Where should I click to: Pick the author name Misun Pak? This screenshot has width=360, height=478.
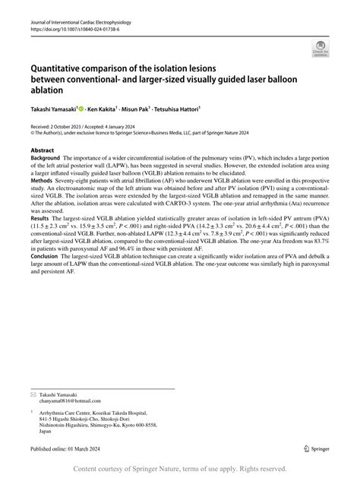tap(163, 109)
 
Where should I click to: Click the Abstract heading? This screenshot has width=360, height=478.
tap(43, 150)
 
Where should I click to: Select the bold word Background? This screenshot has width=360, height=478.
tap(47, 160)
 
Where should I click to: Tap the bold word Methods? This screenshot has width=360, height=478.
tap(43, 182)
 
